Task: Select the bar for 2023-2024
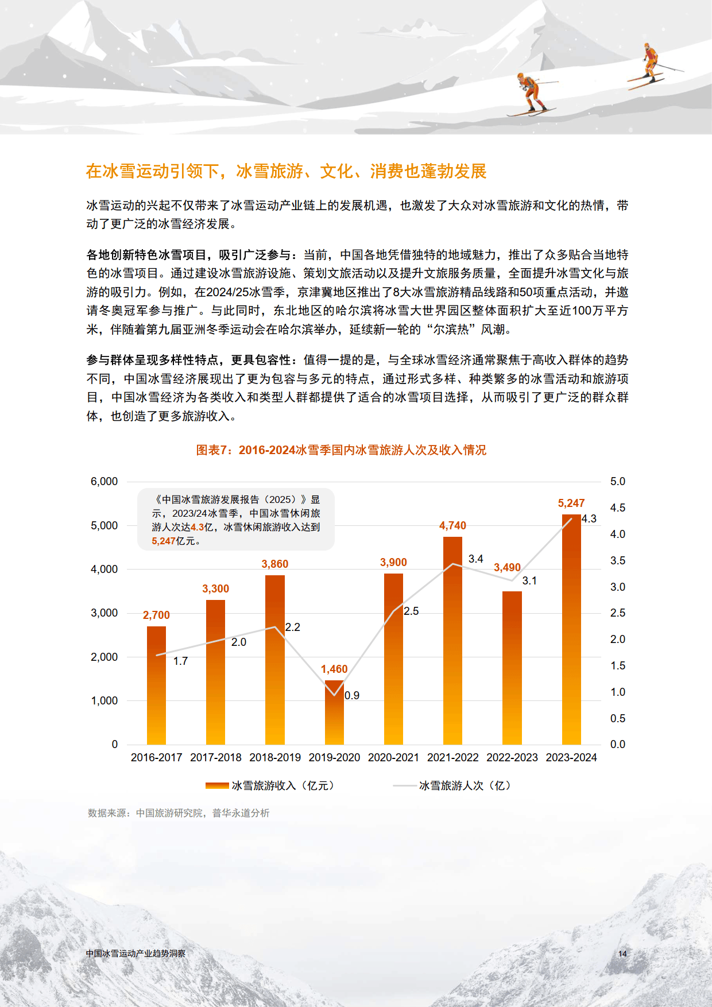coord(571,632)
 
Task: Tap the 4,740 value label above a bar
coord(452,526)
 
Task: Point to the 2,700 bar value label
coord(156,615)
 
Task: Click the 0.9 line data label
coord(352,696)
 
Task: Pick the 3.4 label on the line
coord(475,559)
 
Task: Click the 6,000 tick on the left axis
coord(104,482)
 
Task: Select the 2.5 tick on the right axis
coord(617,613)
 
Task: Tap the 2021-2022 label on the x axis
coord(452,758)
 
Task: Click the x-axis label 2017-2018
coord(215,758)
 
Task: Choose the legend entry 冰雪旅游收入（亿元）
coord(270,786)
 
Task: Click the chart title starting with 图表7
coord(341,451)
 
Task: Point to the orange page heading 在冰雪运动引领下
coord(286,171)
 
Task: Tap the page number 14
coord(622,954)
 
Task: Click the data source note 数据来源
coord(178,813)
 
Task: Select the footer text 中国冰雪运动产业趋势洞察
coord(136,954)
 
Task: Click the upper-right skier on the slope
coord(649,62)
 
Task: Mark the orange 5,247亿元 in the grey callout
coord(164,541)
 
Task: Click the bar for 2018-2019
coord(275,660)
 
